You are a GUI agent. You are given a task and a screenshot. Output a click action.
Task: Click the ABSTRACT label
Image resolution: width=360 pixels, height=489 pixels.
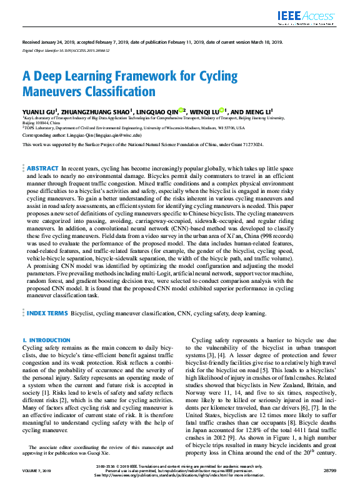(x=42, y=169)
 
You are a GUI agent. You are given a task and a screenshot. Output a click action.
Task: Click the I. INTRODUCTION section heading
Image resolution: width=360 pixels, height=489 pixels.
(x=46, y=340)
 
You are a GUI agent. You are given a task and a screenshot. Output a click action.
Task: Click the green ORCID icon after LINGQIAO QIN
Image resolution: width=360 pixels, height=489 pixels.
(x=181, y=110)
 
